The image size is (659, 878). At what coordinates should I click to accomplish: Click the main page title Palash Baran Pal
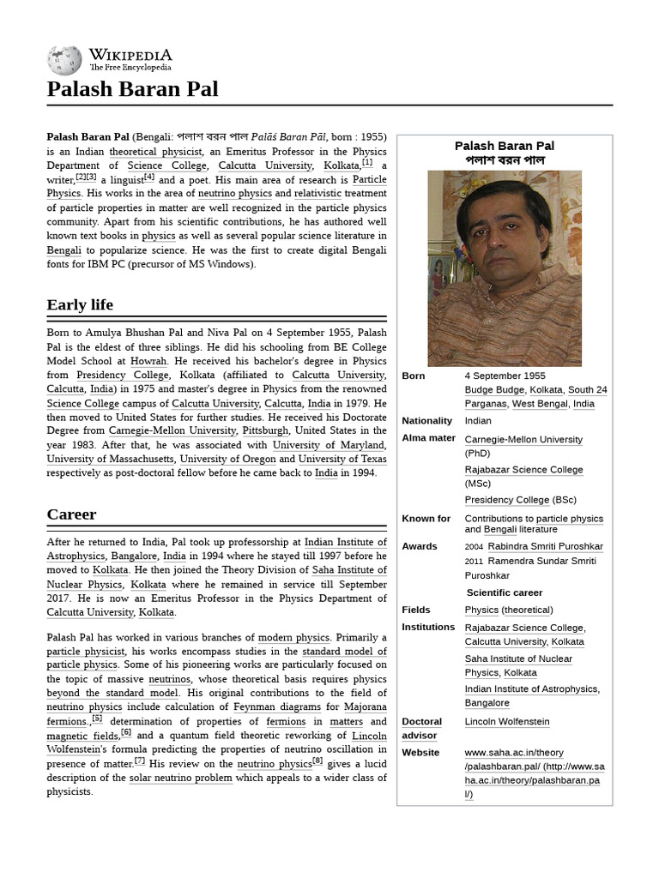click(x=132, y=89)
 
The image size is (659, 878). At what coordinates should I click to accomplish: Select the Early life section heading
click(x=80, y=305)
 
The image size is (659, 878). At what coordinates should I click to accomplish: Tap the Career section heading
click(x=71, y=514)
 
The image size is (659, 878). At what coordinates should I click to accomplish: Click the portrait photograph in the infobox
click(x=505, y=268)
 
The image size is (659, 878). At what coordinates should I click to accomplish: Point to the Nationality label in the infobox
click(x=426, y=421)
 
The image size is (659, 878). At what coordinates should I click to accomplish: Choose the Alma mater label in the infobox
click(x=428, y=439)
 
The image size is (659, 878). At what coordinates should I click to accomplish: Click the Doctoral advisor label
click(x=421, y=729)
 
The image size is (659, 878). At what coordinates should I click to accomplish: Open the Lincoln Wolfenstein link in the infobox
click(x=506, y=722)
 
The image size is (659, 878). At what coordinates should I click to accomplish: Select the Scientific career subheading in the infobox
click(x=504, y=592)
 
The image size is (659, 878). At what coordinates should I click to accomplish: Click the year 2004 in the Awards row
click(x=474, y=547)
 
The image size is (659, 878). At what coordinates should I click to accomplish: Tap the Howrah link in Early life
click(x=148, y=362)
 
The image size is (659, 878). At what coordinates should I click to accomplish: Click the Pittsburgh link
click(x=265, y=430)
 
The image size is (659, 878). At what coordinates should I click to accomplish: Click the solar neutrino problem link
click(x=180, y=778)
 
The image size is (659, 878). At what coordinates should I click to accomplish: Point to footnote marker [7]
click(x=140, y=761)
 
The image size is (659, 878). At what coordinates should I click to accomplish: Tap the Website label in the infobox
click(x=421, y=753)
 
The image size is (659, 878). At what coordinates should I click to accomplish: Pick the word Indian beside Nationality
click(x=478, y=421)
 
